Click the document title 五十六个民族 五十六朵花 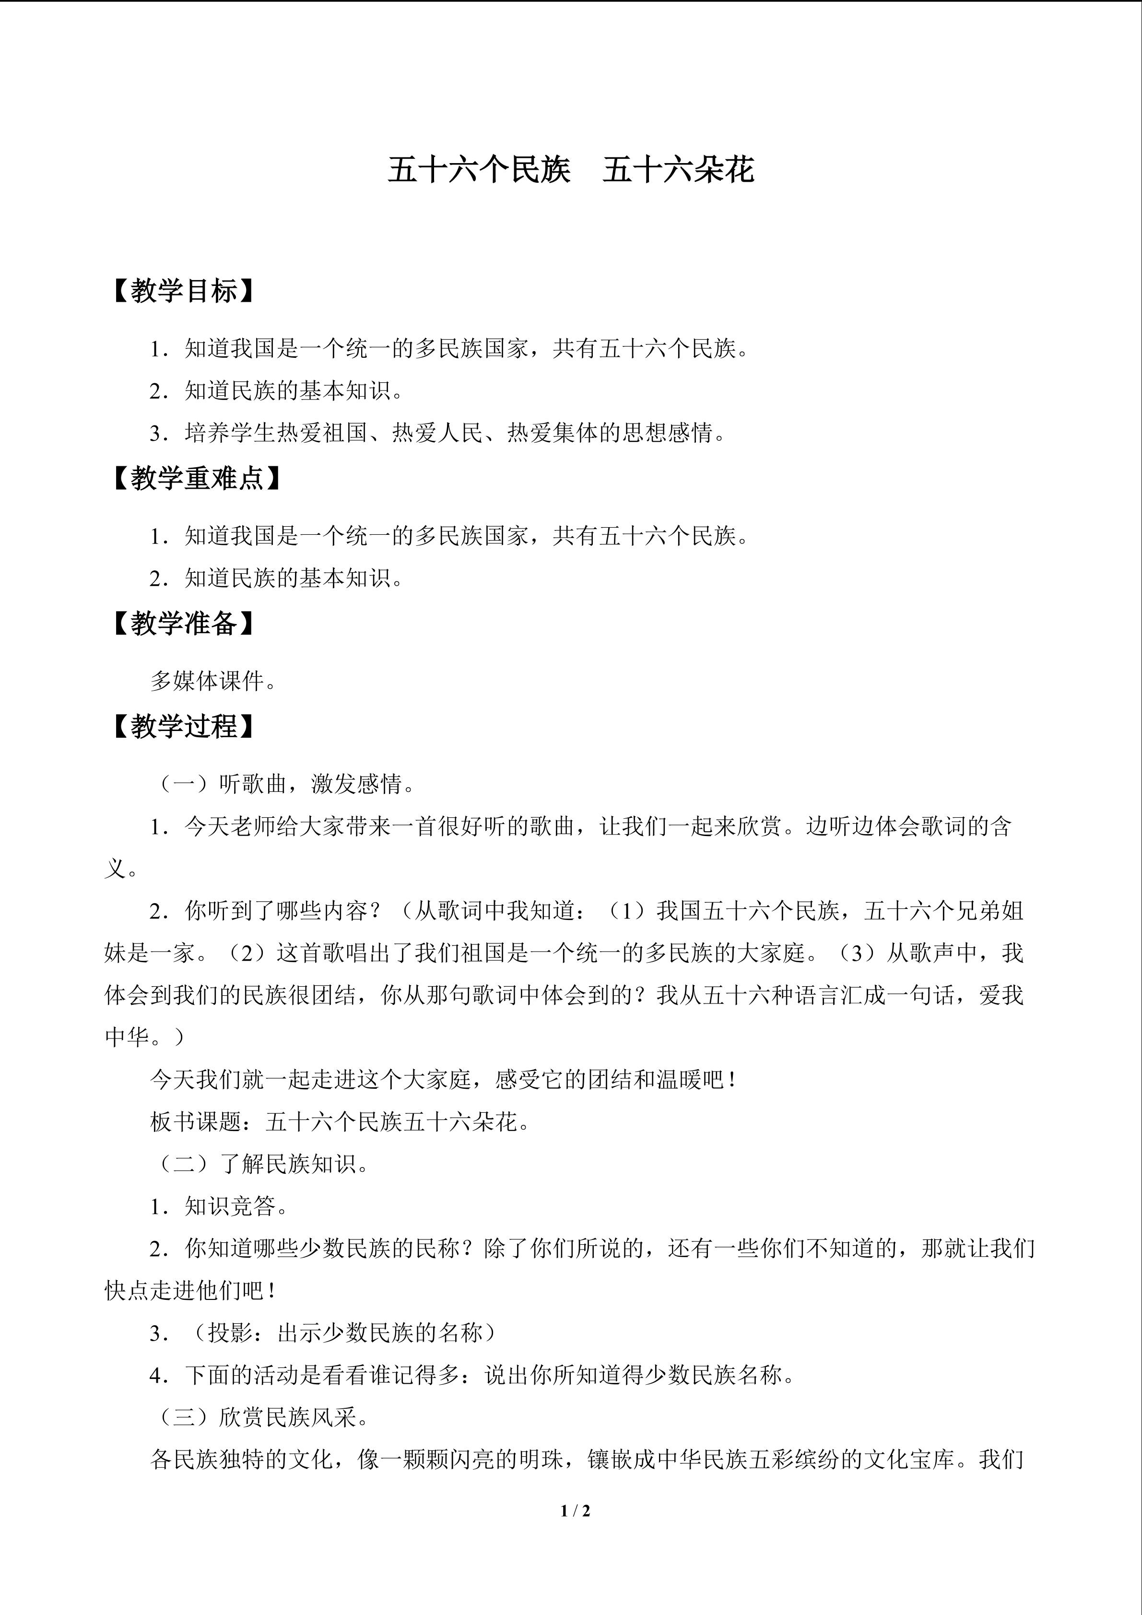click(x=570, y=171)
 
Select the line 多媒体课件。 click(x=213, y=681)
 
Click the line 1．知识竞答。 click(x=219, y=1206)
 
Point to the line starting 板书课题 click(x=341, y=1122)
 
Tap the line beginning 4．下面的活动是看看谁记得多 click(x=472, y=1375)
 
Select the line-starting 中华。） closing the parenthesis click(x=144, y=1037)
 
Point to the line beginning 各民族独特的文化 click(x=587, y=1460)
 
